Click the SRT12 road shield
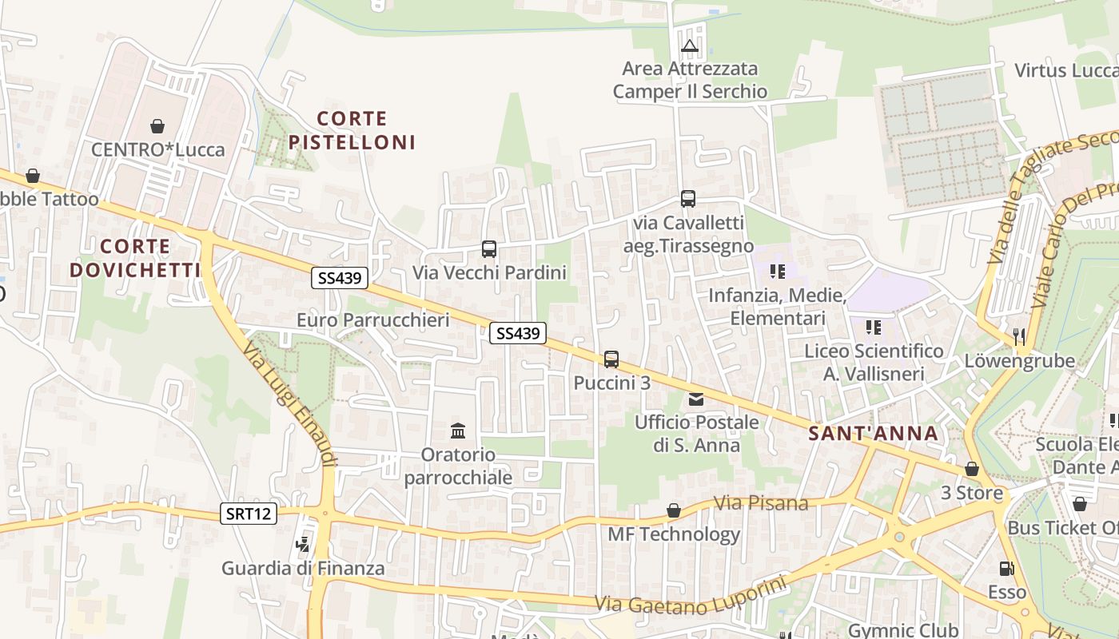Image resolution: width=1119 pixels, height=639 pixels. click(249, 514)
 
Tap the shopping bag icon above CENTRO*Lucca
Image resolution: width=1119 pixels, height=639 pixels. click(157, 126)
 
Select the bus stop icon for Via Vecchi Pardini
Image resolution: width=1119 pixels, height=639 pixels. click(489, 248)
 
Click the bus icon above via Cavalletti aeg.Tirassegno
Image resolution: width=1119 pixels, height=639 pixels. click(688, 198)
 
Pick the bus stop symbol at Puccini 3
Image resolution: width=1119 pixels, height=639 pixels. click(611, 359)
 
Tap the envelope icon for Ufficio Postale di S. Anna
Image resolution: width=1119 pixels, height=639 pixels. click(696, 399)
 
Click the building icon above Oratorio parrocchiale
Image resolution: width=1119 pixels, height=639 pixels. click(458, 431)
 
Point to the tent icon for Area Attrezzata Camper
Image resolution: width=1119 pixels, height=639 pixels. click(690, 46)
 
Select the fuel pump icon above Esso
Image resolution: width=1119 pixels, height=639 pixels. click(1006, 569)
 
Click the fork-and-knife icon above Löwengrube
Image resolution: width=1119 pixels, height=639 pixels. click(1019, 336)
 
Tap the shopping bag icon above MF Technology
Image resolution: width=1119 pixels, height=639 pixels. click(674, 510)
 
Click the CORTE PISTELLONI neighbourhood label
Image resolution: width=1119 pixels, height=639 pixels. click(352, 130)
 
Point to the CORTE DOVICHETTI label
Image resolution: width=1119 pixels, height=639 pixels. click(135, 257)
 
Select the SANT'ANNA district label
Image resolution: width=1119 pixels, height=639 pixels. click(873, 434)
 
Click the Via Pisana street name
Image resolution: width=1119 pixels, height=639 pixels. click(761, 503)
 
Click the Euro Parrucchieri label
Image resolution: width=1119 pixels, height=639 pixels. click(372, 320)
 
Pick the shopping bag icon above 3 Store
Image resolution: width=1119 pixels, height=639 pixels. click(972, 469)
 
